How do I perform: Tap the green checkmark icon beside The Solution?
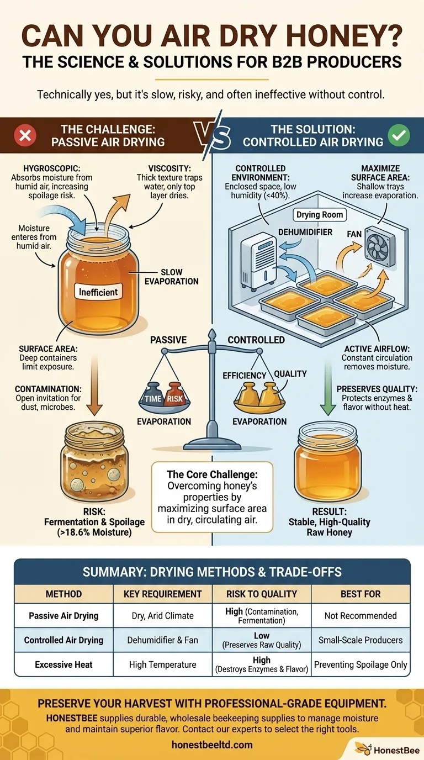coord(399,135)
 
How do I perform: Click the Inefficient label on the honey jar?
coord(98,292)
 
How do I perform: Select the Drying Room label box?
coord(319,214)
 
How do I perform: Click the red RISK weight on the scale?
coord(176,398)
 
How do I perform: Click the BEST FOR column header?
coord(361,594)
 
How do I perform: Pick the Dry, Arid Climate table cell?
coord(162,615)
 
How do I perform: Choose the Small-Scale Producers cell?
coord(361,640)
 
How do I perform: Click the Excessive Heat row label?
coord(63,664)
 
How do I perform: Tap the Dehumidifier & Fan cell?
coord(162,640)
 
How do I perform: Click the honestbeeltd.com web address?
coord(212,745)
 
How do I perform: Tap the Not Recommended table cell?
coord(361,615)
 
